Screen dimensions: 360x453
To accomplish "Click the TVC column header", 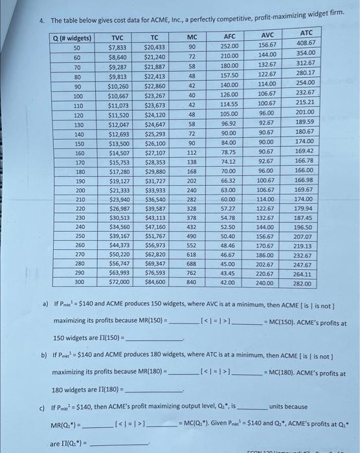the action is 118,38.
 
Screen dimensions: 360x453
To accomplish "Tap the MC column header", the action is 192,38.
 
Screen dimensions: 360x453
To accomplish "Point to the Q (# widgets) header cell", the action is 72,39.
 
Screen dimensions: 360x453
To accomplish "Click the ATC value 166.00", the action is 304,170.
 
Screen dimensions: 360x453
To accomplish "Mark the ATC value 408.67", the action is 306,43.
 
